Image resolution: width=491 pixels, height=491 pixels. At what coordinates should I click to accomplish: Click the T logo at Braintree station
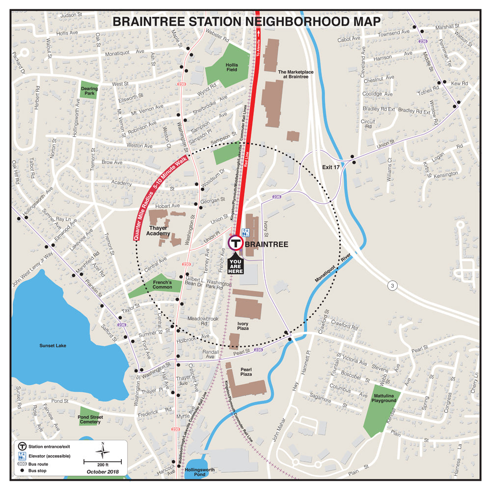click(235, 243)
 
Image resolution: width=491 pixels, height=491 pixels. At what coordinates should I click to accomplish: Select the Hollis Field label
click(232, 67)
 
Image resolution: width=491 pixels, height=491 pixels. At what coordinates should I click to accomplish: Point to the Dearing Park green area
click(89, 91)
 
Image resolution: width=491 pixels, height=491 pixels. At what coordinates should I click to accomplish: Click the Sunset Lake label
click(53, 346)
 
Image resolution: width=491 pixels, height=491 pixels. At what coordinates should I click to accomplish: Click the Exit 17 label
click(331, 167)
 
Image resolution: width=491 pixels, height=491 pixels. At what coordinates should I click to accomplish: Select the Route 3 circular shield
click(392, 285)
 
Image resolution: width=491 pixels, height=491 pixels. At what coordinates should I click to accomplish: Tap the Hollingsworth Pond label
click(199, 472)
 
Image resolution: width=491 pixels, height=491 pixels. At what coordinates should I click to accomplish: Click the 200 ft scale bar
click(103, 462)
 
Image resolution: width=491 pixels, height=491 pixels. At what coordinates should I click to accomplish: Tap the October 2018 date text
click(103, 471)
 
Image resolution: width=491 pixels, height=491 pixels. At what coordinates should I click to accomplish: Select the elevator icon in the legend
click(22, 456)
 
